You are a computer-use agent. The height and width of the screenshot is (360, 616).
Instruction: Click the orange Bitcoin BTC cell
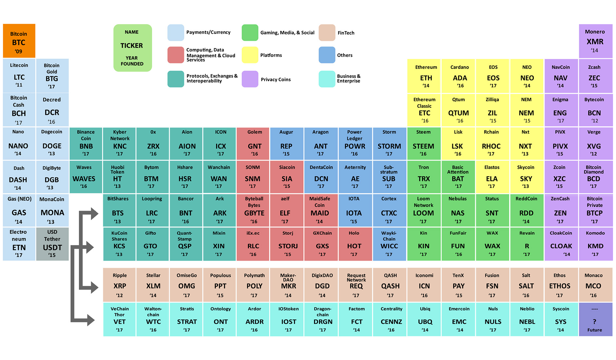[x=19, y=41]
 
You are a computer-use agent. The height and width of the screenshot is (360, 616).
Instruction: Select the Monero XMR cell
[x=595, y=41]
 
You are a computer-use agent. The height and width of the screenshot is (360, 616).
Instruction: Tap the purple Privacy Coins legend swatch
[x=250, y=79]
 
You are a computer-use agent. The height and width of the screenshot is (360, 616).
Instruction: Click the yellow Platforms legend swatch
[x=250, y=55]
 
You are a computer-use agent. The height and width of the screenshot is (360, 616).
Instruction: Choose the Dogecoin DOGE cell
[x=52, y=143]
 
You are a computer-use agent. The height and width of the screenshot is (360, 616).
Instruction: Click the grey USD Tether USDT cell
[x=52, y=244]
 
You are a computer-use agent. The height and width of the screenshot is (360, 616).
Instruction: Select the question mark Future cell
[x=595, y=320]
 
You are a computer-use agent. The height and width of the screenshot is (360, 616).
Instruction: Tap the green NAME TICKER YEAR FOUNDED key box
[x=132, y=48]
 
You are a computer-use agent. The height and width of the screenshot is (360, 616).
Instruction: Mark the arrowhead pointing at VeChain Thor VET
[x=90, y=320]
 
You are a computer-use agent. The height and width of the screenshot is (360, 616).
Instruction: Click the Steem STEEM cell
[x=424, y=143]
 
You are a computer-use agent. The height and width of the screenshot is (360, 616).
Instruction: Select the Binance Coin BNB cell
[x=86, y=143]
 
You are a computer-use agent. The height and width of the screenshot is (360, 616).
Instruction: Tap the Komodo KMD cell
[x=595, y=244]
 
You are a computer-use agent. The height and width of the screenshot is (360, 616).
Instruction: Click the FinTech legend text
[x=346, y=33]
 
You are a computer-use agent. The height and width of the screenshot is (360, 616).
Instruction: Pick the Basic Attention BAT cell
[x=458, y=177]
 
